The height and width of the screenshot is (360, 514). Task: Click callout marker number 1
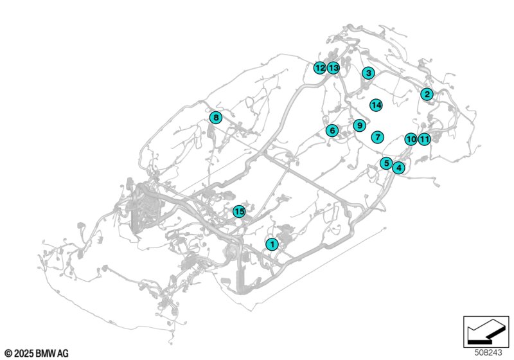click(x=272, y=244)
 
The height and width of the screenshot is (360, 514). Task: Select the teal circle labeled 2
click(x=427, y=94)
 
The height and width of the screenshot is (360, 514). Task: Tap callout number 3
click(x=368, y=73)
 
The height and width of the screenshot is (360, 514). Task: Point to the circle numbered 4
click(x=398, y=168)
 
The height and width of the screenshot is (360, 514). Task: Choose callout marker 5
click(x=387, y=163)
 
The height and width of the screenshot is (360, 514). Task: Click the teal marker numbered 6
click(x=332, y=130)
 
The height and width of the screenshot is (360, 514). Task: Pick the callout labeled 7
click(x=378, y=137)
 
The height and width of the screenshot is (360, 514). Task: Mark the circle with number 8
click(x=216, y=118)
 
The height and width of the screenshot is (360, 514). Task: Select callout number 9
click(x=360, y=125)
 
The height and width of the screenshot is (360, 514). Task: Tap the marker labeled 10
click(x=411, y=139)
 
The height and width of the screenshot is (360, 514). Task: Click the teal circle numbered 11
click(x=425, y=139)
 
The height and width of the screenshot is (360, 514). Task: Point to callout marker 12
click(x=319, y=68)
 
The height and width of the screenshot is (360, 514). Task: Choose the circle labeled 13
click(x=333, y=68)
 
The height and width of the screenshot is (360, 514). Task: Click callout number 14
click(x=376, y=105)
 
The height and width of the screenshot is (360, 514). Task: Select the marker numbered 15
click(x=239, y=212)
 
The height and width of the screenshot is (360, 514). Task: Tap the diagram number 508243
click(x=488, y=353)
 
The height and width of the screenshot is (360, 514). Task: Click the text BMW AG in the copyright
click(x=52, y=354)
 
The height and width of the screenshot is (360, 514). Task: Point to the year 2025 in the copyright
click(x=24, y=354)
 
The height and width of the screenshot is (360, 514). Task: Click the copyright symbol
click(x=9, y=354)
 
